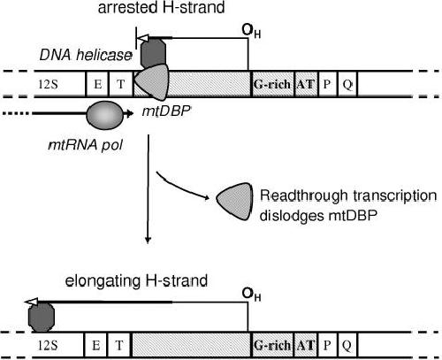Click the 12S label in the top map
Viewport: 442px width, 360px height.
(x=48, y=85)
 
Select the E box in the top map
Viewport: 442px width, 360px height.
(x=97, y=84)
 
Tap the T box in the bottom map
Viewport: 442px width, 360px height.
(x=119, y=345)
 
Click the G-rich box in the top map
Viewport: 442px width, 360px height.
(x=273, y=84)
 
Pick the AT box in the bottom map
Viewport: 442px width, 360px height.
(x=305, y=345)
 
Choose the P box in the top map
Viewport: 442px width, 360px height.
(x=328, y=84)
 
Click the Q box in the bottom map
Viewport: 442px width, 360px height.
(x=347, y=345)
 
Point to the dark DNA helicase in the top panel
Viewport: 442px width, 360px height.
(x=153, y=53)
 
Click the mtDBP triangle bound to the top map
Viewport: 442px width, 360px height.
(x=152, y=81)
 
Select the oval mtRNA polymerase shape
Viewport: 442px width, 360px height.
(x=105, y=115)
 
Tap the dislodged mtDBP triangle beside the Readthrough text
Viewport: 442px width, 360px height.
(x=235, y=202)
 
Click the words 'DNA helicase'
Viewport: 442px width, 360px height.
(x=86, y=55)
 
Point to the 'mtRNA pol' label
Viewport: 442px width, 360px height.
(x=86, y=145)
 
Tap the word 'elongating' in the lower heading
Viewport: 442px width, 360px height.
(x=103, y=281)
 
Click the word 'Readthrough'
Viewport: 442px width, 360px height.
(x=304, y=196)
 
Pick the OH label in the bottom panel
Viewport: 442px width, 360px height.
(x=251, y=295)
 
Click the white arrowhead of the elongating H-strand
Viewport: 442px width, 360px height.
(x=30, y=302)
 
